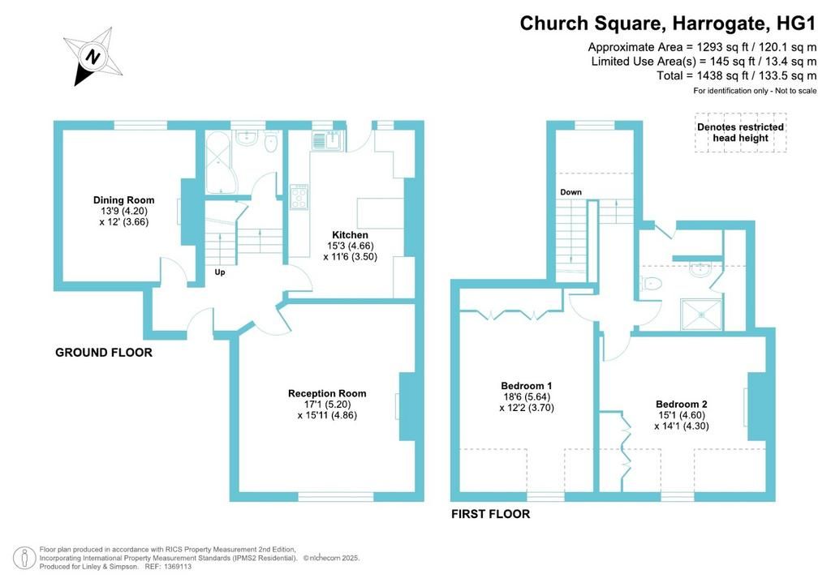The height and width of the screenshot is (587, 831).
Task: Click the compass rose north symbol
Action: pos(93,57)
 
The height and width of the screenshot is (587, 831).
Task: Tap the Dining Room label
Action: pos(124,200)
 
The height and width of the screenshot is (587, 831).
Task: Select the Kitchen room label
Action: pos(350,235)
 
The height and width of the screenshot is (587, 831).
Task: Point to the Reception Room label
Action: pos(327,393)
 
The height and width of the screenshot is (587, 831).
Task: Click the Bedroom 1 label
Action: pos(526,386)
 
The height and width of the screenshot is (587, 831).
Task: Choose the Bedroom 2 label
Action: pos(682,405)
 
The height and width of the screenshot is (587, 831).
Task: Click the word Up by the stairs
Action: pos(220,272)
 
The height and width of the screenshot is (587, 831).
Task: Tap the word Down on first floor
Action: pos(571,192)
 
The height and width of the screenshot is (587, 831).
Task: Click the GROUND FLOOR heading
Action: pos(104,353)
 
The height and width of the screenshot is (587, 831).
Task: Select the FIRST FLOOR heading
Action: pos(491,514)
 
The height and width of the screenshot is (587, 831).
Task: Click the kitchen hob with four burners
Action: pos(299,197)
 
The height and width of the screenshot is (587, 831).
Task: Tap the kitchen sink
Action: pos(328,140)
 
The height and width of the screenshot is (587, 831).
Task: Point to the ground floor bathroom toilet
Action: pos(271,141)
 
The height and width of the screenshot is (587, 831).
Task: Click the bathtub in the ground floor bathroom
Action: pos(221,162)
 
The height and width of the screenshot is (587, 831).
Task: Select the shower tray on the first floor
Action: pos(701,315)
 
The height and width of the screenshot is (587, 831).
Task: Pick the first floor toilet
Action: pos(651,284)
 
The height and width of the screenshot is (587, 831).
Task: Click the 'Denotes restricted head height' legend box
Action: pos(740,133)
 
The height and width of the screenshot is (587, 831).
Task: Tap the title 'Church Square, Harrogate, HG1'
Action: pos(668,24)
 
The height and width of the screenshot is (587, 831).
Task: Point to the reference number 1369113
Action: pos(178,567)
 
